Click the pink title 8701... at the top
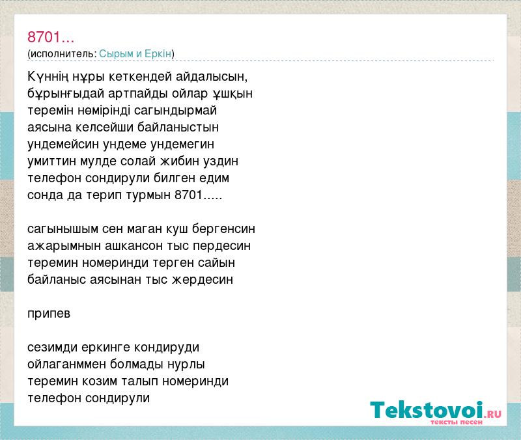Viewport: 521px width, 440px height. pyautogui.click(x=51, y=37)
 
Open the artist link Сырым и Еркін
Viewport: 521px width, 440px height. pyautogui.click(x=135, y=53)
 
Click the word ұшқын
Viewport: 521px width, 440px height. pyautogui.click(x=232, y=94)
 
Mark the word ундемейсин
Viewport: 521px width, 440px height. pyautogui.click(x=63, y=144)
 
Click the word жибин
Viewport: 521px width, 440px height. pyautogui.click(x=175, y=161)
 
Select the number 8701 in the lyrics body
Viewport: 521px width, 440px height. pyautogui.click(x=189, y=195)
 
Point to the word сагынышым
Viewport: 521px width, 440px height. pyautogui.click(x=63, y=229)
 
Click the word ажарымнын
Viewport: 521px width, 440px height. pyautogui.click(x=64, y=246)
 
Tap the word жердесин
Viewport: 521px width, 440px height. pyautogui.click(x=203, y=280)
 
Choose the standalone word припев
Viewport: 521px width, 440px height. pyautogui.click(x=49, y=314)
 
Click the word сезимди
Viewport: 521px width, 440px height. pyautogui.click(x=53, y=348)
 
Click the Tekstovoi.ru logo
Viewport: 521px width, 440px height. pyautogui.click(x=436, y=412)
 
